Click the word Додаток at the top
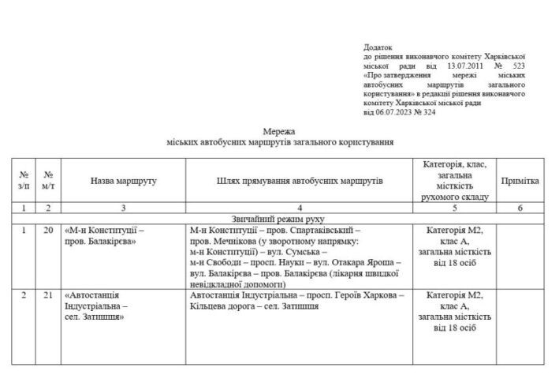click(378, 48)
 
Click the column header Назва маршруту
click(123, 181)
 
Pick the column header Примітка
click(520, 181)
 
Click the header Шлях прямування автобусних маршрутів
click(299, 181)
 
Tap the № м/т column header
click(49, 181)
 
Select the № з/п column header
click(24, 181)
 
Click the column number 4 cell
click(299, 208)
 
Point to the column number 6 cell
click(520, 208)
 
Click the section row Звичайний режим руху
click(280, 219)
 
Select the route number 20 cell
click(49, 230)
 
